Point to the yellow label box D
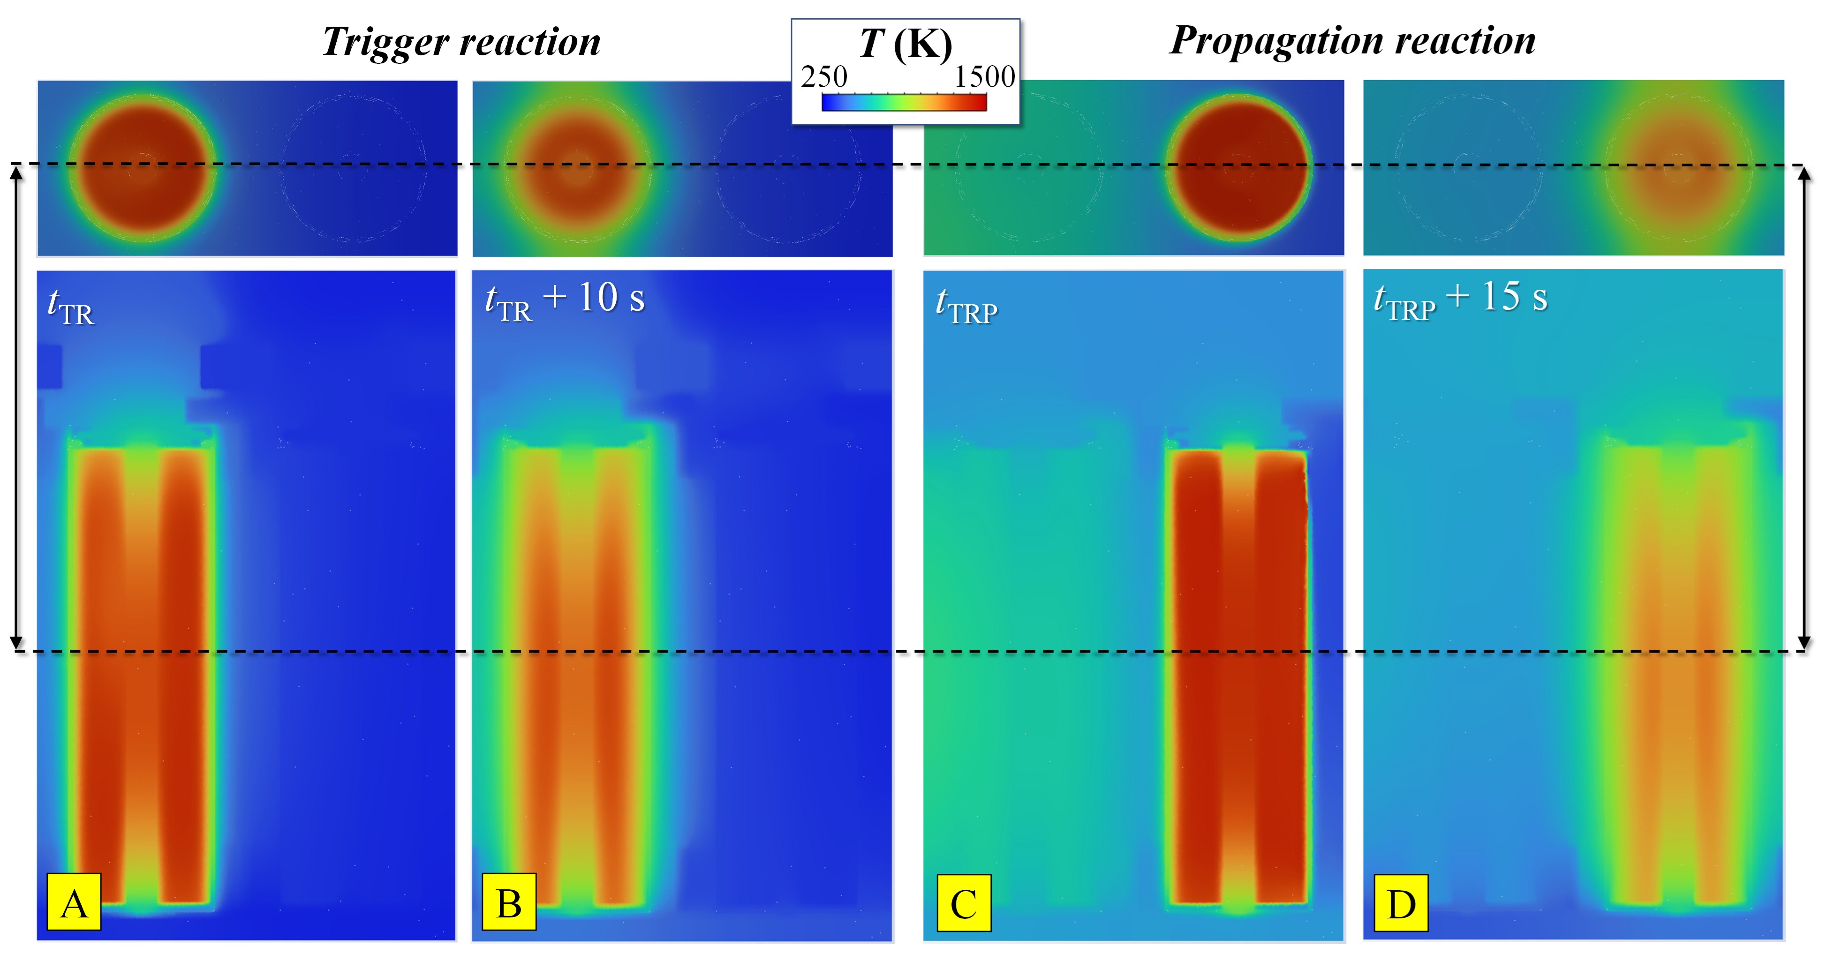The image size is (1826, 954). tap(1401, 903)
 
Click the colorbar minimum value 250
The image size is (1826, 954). tap(824, 76)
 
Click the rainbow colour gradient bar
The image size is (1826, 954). tap(904, 103)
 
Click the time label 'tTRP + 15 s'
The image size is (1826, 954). tap(1460, 298)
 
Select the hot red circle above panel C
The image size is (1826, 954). tap(1238, 167)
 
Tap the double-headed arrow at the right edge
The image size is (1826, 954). tap(1805, 407)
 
